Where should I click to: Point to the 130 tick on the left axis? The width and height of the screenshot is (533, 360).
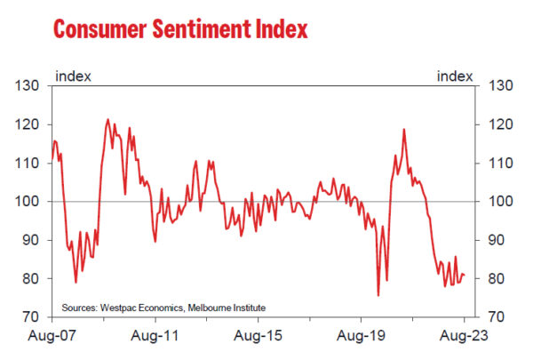[29, 86]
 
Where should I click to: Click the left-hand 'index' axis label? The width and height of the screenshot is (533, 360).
[73, 76]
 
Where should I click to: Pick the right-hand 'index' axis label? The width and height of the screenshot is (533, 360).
[454, 76]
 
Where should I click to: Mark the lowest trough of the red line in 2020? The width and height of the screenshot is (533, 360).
[378, 294]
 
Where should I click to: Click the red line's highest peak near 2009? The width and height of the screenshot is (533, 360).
[107, 119]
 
